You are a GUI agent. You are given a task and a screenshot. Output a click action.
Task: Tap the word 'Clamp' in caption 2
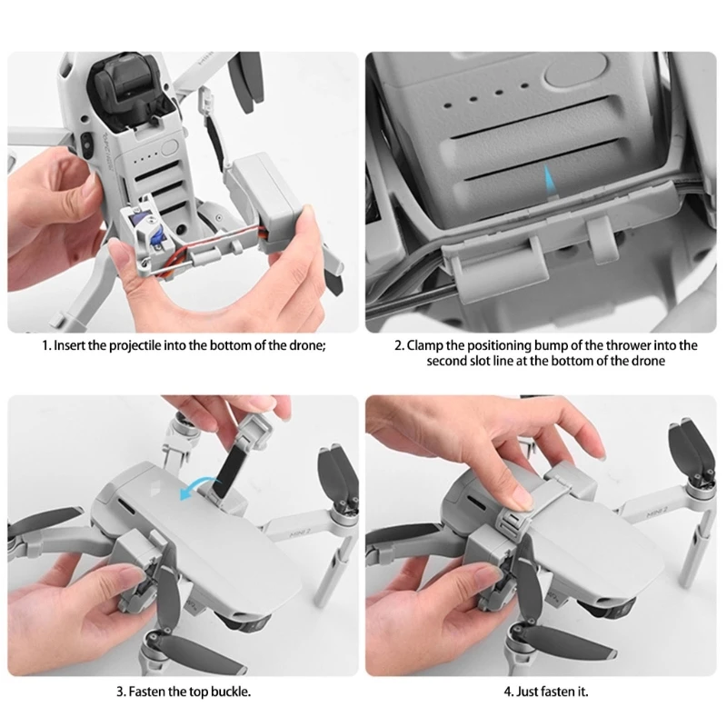point(424,346)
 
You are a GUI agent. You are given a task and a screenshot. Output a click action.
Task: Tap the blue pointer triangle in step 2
point(549,182)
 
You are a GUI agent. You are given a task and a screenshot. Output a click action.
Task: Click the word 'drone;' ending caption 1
point(306,346)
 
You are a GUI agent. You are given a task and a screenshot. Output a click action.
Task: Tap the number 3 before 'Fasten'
point(120,692)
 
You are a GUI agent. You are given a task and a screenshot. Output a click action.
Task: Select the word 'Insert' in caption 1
point(66,346)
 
